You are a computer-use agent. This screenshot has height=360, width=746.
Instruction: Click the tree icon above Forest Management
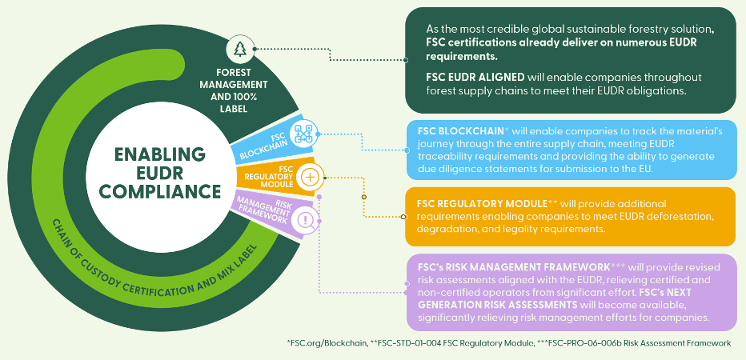click(240, 49)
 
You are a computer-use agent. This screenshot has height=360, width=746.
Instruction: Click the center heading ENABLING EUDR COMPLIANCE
click(167, 172)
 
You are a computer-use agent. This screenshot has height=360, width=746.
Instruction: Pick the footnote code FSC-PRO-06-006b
click(610, 342)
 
